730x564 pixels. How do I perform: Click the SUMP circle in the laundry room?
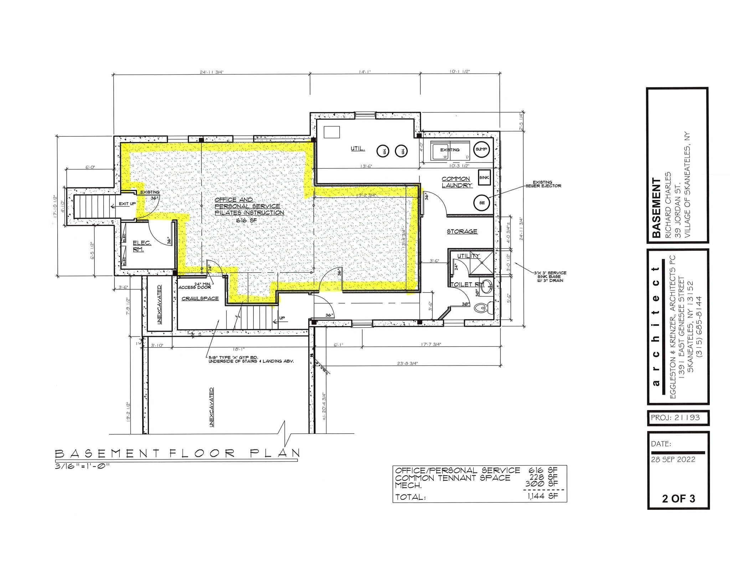click(x=481, y=149)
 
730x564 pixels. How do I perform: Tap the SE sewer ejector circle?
click(x=482, y=203)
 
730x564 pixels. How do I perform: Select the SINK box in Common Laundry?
click(x=484, y=178)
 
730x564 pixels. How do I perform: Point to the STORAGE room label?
click(x=462, y=232)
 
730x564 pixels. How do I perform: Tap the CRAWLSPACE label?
click(x=200, y=299)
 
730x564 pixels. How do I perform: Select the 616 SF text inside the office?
click(x=246, y=221)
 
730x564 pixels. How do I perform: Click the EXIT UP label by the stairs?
click(x=127, y=204)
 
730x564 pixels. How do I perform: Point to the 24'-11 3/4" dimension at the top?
click(x=212, y=72)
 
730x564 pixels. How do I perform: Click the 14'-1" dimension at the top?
click(x=365, y=72)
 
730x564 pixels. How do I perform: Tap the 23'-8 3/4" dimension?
click(x=407, y=363)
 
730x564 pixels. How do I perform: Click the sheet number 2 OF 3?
click(x=678, y=499)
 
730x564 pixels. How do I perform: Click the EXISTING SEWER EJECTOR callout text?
click(x=543, y=184)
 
